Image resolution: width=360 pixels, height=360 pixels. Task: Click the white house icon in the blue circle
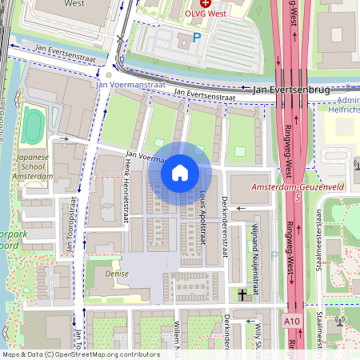click(179, 172)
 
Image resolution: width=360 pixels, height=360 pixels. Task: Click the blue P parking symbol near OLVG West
click(197, 38)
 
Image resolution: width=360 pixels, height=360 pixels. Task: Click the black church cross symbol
click(242, 295)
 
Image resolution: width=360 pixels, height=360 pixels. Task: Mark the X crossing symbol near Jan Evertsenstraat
click(121, 38)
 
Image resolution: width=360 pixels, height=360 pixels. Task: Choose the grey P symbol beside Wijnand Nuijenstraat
click(274, 256)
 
